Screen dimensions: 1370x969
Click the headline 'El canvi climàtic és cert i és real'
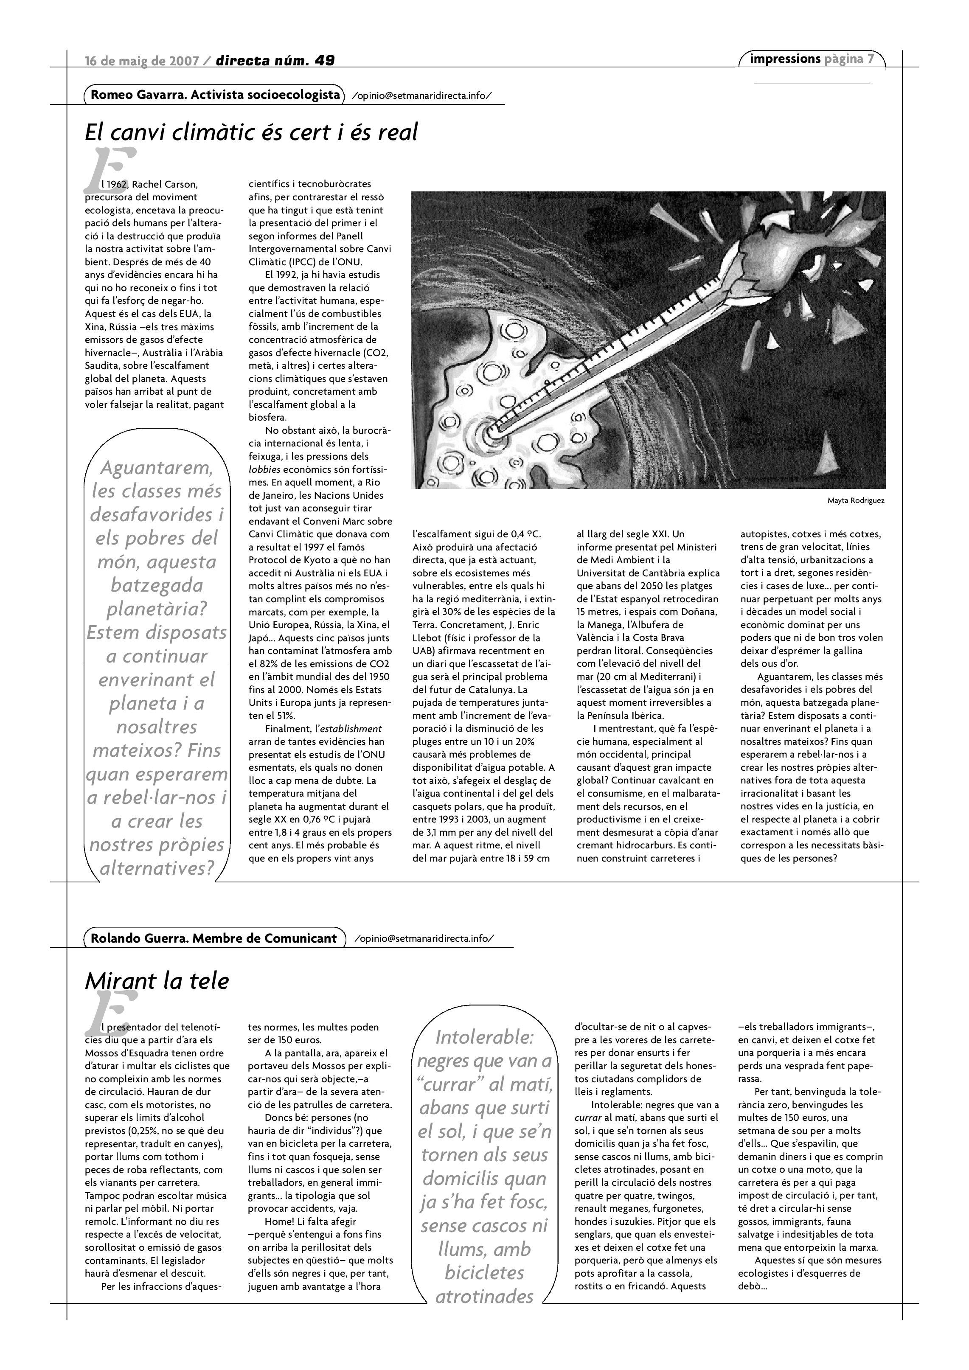(251, 132)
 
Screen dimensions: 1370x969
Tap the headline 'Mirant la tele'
(157, 981)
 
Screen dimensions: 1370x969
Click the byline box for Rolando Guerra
(213, 938)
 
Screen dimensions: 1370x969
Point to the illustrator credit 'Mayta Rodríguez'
(856, 501)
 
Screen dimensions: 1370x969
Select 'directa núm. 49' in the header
(275, 60)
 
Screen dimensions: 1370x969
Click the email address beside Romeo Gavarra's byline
(422, 95)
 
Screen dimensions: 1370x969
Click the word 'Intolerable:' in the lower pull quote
(485, 1037)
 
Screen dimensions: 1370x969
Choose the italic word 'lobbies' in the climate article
(264, 469)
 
